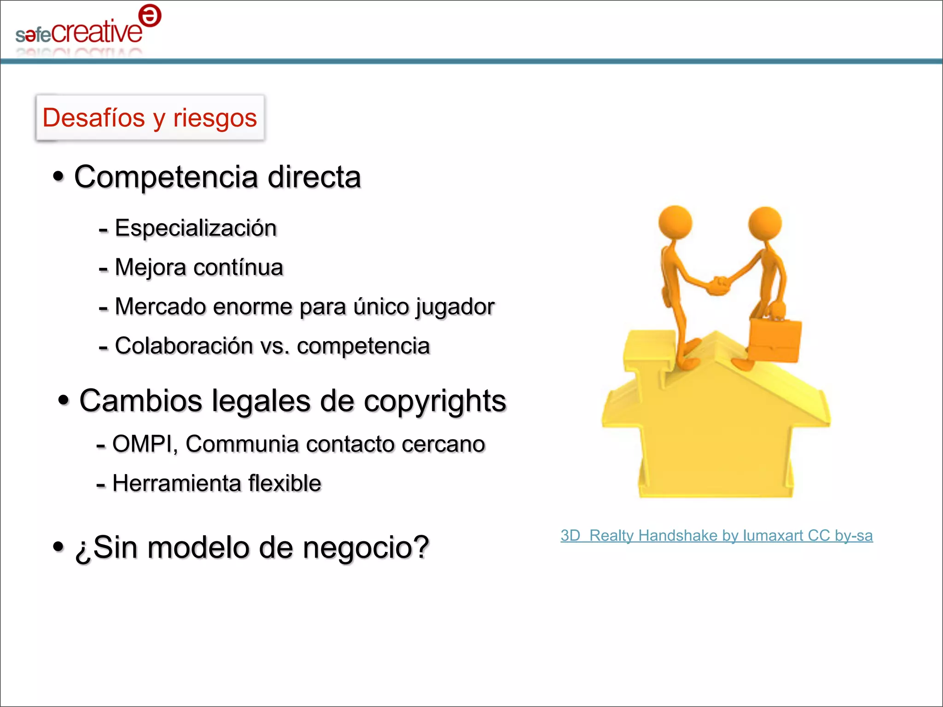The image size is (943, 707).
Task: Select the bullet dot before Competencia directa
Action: click(x=58, y=176)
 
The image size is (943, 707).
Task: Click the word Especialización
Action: click(x=196, y=228)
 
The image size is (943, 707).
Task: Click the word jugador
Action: click(x=455, y=307)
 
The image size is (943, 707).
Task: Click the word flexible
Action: click(x=285, y=483)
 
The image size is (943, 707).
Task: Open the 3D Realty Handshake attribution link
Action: click(x=716, y=536)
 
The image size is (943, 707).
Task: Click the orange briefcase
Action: click(x=775, y=340)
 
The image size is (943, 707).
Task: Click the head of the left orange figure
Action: click(x=675, y=222)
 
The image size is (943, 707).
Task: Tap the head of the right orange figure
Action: click(x=765, y=223)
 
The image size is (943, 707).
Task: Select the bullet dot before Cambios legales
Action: click(x=64, y=400)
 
